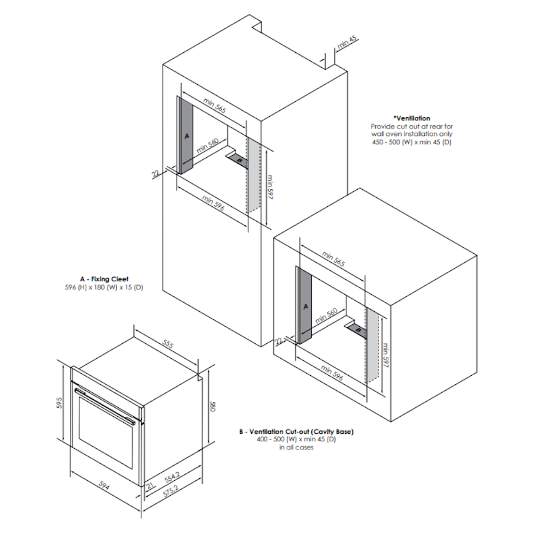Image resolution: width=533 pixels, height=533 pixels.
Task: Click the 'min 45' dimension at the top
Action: click(347, 42)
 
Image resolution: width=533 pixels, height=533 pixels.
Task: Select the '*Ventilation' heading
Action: click(411, 118)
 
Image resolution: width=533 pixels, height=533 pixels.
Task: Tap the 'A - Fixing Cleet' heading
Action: click(104, 279)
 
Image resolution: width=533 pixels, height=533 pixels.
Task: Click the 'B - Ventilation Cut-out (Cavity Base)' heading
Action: click(296, 432)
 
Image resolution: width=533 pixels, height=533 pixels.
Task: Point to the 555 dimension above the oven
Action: click(168, 344)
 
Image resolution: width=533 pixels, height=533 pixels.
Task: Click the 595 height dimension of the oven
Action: click(60, 403)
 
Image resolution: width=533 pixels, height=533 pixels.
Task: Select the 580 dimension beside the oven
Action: click(213, 407)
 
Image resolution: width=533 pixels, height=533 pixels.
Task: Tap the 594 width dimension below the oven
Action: click(104, 486)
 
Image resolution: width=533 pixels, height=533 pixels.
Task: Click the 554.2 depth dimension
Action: click(172, 477)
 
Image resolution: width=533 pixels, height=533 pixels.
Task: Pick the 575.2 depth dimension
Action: click(171, 491)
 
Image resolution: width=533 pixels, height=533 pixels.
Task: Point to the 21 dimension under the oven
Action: click(150, 486)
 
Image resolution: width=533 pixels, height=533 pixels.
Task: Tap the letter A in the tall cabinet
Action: click(187, 136)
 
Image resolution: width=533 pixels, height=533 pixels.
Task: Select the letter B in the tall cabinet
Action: click(239, 160)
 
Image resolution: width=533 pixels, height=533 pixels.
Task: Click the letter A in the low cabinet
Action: click(305, 306)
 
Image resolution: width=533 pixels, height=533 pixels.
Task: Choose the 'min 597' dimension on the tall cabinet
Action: click(270, 187)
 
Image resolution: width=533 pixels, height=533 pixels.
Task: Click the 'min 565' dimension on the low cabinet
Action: click(334, 259)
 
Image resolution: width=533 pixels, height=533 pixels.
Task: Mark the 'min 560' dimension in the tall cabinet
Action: click(207, 146)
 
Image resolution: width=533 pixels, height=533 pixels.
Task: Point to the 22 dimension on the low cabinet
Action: click(279, 341)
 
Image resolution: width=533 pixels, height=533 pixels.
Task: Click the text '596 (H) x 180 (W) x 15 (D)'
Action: click(104, 287)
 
